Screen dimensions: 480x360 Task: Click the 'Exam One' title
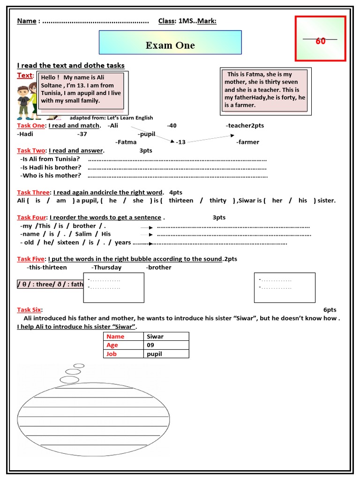[x=170, y=45]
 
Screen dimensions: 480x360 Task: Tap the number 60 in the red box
[x=321, y=41]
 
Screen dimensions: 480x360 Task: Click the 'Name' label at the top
[x=27, y=21]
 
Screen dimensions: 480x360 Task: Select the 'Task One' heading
[x=31, y=126]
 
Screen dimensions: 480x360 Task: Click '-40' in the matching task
[x=172, y=126]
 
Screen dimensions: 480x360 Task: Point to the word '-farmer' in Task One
[x=247, y=142]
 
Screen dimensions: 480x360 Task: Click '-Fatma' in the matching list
[x=126, y=142]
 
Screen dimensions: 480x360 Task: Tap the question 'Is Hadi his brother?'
[x=51, y=167]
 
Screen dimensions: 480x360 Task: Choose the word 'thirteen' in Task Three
[x=181, y=201]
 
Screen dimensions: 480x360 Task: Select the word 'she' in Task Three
[x=138, y=201]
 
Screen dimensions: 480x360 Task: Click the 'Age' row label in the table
[x=112, y=345]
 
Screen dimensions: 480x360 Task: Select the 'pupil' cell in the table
[x=154, y=354]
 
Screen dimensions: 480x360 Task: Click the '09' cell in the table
[x=150, y=345]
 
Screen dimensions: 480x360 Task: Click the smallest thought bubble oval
[x=79, y=366]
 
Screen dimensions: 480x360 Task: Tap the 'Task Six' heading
[x=29, y=310]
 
